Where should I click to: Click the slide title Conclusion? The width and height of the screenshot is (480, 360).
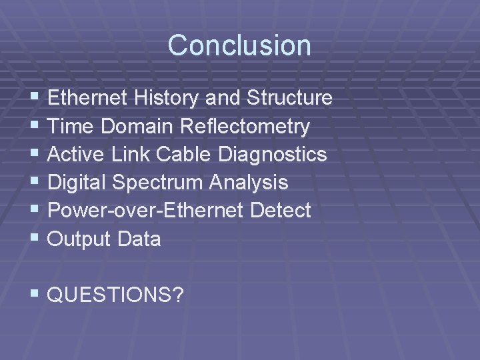(x=239, y=45)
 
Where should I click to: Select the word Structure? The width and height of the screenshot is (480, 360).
(x=289, y=99)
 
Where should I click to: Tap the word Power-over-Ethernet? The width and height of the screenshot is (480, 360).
(x=147, y=211)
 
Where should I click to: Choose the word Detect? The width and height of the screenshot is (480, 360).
(x=281, y=211)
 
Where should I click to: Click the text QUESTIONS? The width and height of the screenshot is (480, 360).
(x=116, y=295)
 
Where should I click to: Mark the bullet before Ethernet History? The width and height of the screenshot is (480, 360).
(x=35, y=99)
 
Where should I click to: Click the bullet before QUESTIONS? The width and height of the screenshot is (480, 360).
(x=35, y=295)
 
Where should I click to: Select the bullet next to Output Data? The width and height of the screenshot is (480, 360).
(x=35, y=239)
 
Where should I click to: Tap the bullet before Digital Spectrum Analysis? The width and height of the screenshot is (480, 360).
(x=35, y=183)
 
